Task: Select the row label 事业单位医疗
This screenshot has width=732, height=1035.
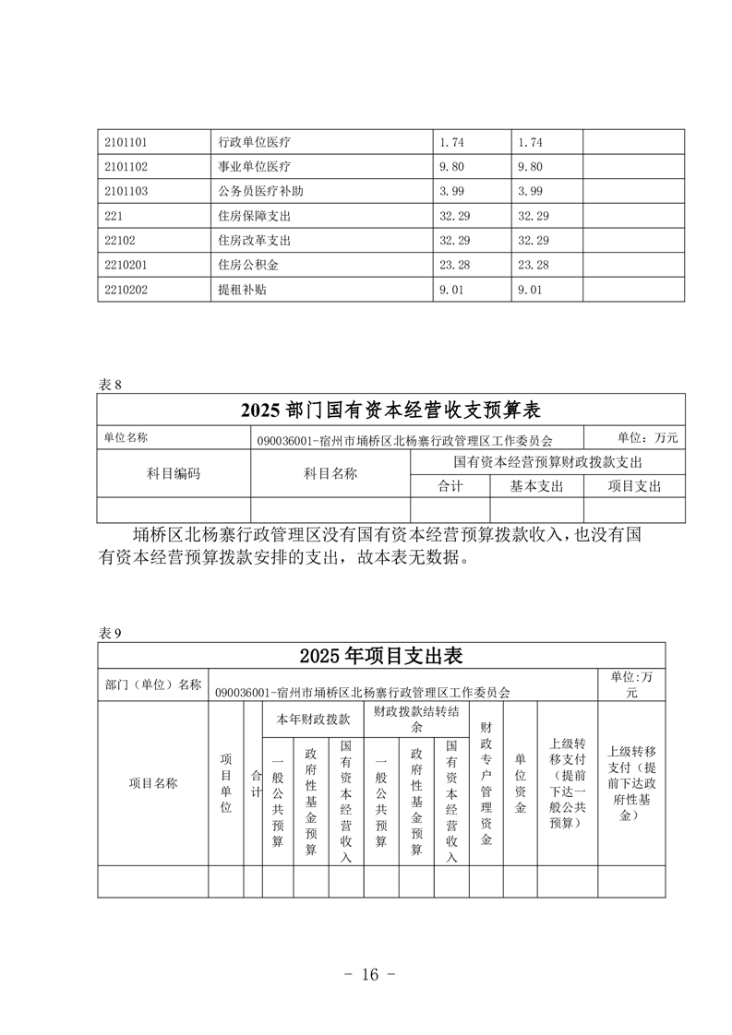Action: (x=254, y=167)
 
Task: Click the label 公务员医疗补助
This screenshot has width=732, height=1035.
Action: (x=260, y=192)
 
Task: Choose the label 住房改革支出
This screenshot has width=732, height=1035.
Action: (x=254, y=241)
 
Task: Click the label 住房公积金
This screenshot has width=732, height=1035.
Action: (x=247, y=265)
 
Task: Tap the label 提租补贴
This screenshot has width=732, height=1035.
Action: (x=241, y=290)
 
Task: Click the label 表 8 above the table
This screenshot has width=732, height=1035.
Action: (x=109, y=386)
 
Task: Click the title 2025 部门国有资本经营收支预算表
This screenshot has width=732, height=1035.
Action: (x=390, y=410)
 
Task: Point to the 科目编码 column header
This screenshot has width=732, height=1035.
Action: (x=174, y=473)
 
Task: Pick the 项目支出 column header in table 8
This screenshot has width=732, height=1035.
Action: (x=634, y=485)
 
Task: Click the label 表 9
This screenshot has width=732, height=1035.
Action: (x=109, y=633)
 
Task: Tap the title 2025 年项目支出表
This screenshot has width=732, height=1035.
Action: (x=380, y=656)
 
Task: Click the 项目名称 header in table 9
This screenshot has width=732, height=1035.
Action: (x=152, y=783)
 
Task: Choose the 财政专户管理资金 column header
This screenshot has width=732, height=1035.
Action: (x=486, y=783)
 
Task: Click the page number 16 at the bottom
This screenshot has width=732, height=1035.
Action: (x=368, y=975)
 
